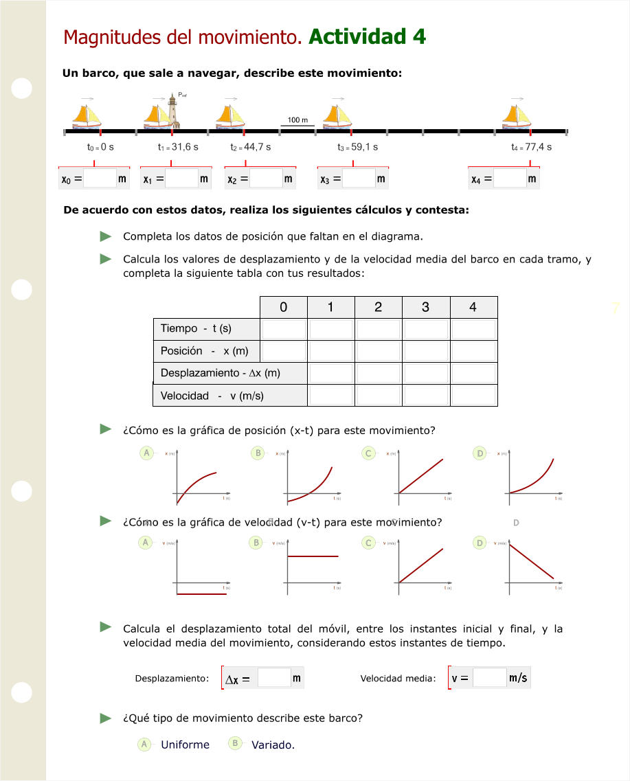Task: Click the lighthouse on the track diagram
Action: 173,111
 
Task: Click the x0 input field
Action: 100,179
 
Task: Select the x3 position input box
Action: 359,179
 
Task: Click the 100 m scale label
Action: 297,120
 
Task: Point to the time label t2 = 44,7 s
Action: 251,147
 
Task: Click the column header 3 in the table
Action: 425,307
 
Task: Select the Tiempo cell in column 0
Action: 284,329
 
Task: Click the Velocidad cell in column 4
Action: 473,395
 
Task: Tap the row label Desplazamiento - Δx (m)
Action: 220,373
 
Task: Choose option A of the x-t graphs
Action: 146,453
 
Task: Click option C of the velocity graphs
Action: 369,543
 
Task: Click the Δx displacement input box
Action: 274,678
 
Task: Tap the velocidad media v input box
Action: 489,678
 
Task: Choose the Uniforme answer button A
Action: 144,745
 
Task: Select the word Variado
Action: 273,745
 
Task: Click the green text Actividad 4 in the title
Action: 368,36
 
